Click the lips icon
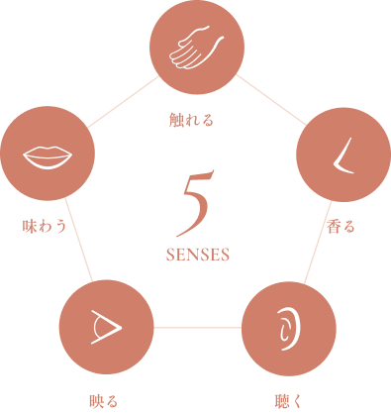[x=48, y=155]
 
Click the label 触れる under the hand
[x=193, y=123]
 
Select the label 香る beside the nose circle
[x=340, y=227]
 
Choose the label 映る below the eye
[x=104, y=401]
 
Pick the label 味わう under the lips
[x=46, y=227]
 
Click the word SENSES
[x=198, y=254]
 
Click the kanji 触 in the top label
[x=177, y=123]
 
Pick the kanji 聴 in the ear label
[x=280, y=401]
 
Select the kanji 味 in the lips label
[x=30, y=227]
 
